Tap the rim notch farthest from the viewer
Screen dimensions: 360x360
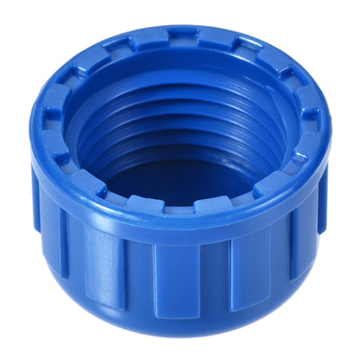tap(183, 33)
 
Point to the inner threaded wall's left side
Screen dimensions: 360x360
tap(90, 135)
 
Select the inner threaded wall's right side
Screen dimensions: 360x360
tap(274, 135)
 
